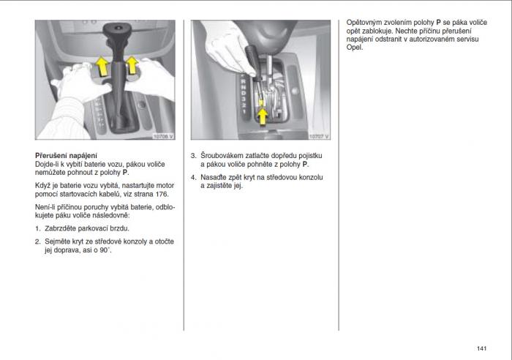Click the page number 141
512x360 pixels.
pyautogui.click(x=481, y=347)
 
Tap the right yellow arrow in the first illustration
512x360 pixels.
pyautogui.click(x=132, y=66)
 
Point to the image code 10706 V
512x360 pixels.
pyautogui.click(x=162, y=135)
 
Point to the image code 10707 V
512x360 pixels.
pyautogui.click(x=318, y=135)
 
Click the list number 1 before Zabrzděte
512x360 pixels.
pyautogui.click(x=37, y=228)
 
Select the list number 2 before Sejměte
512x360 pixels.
pyautogui.click(x=37, y=241)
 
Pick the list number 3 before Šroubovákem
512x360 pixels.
pyautogui.click(x=193, y=156)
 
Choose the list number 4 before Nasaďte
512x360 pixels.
pyautogui.click(x=193, y=177)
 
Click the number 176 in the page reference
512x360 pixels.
pyautogui.click(x=159, y=195)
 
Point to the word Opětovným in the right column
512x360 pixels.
pyautogui.click(x=364, y=23)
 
